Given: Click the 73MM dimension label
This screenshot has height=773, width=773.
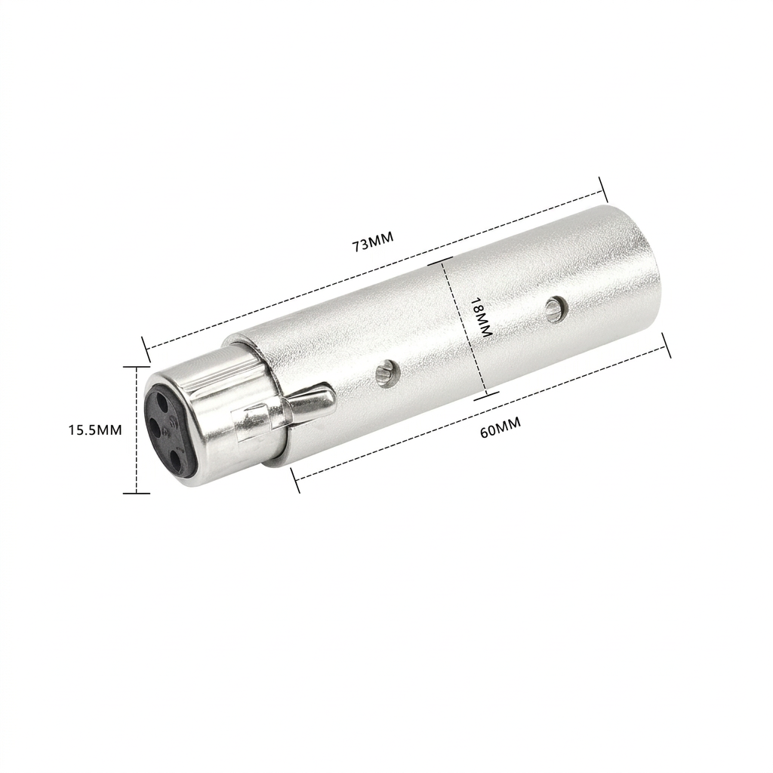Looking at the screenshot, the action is coord(373,242).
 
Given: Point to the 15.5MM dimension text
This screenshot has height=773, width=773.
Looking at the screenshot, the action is coord(94,430).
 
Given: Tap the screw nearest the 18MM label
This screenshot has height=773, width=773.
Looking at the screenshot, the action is coord(556,310).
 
